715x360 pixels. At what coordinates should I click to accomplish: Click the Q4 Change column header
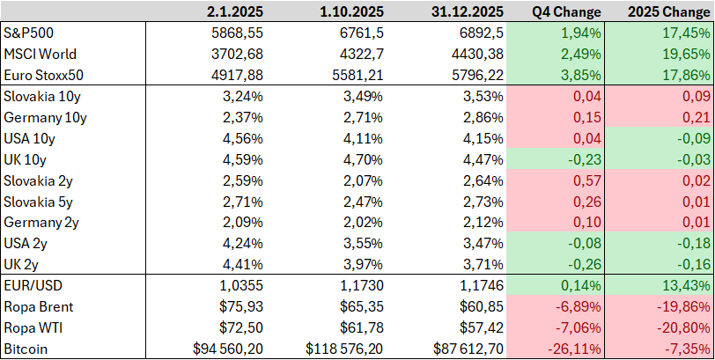pyautogui.click(x=566, y=11)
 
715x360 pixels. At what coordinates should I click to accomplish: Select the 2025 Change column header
pyautogui.click(x=668, y=11)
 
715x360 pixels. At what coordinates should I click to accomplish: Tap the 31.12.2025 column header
pyautogui.click(x=467, y=11)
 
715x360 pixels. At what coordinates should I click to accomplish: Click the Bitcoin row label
pyautogui.click(x=26, y=349)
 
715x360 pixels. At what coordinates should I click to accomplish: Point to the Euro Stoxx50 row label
pyautogui.click(x=44, y=75)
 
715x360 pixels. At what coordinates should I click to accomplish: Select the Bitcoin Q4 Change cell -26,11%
pyautogui.click(x=573, y=349)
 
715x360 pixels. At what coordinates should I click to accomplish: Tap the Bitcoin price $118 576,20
pyautogui.click(x=344, y=349)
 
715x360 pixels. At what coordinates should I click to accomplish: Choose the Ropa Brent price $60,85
pyautogui.click(x=482, y=306)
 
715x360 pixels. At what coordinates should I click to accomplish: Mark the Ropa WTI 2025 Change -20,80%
pyautogui.click(x=684, y=328)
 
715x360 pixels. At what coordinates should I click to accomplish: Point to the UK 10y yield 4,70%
pyautogui.click(x=363, y=159)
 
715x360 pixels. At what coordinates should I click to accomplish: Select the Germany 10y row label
pyautogui.click(x=45, y=118)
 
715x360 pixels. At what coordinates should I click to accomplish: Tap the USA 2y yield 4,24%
pyautogui.click(x=243, y=243)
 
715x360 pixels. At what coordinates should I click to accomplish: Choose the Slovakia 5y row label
pyautogui.click(x=39, y=202)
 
